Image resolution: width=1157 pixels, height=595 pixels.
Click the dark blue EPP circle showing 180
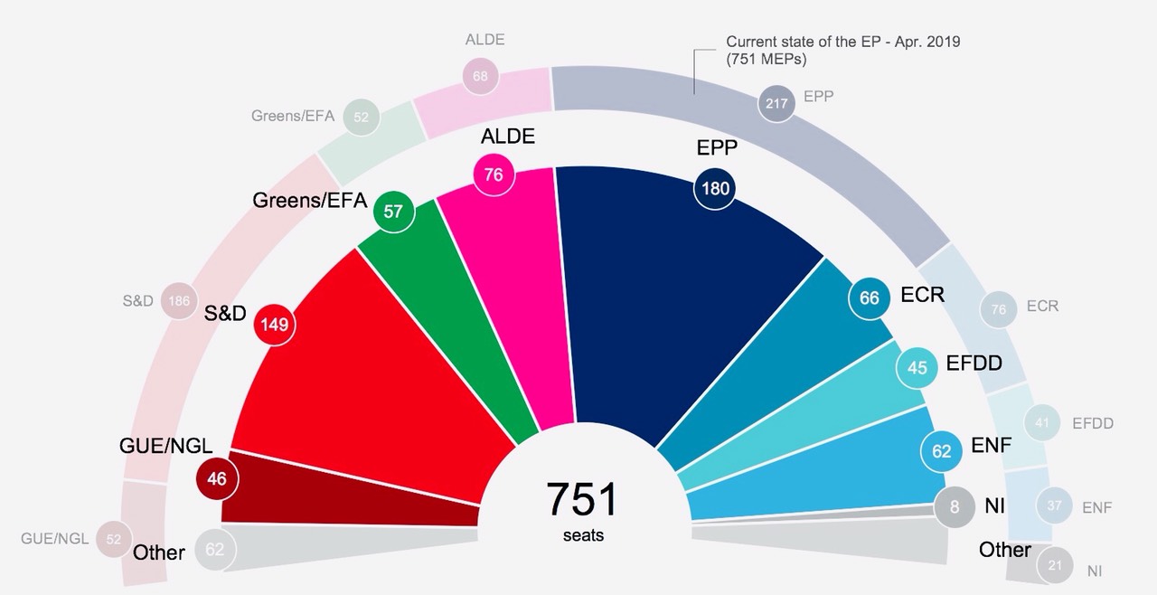[x=712, y=189]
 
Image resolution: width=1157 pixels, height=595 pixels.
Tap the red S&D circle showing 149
[x=274, y=324]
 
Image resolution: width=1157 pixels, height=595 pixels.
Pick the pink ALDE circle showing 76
[x=494, y=175]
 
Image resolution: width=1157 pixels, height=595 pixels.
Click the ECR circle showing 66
[x=869, y=298]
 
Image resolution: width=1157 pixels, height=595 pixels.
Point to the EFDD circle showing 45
[x=917, y=367]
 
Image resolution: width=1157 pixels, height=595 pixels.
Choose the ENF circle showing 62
[x=942, y=449]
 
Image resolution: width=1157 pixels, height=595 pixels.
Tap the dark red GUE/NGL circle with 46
[x=217, y=479]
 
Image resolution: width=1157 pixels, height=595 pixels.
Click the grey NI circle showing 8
[x=955, y=506]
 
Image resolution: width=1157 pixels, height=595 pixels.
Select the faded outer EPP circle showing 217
[x=776, y=104]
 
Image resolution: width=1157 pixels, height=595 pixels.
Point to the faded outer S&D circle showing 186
[x=179, y=301]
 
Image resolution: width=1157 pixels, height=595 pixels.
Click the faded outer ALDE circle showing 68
[x=480, y=76]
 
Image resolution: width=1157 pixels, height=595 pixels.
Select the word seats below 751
[x=583, y=535]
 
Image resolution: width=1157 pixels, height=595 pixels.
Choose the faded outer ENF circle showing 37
[x=1054, y=506]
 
